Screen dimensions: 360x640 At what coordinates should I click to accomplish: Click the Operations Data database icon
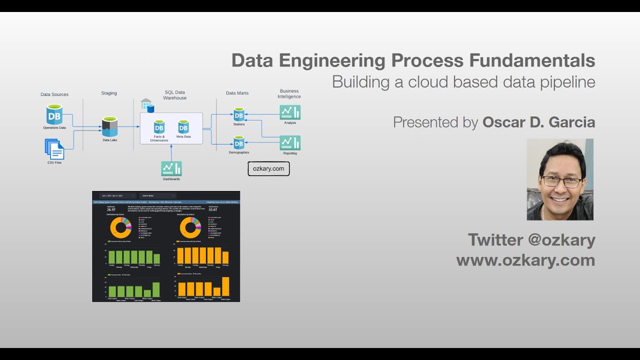[54, 114]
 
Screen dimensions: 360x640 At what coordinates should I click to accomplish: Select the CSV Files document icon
[54, 149]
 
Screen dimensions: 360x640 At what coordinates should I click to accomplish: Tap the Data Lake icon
[109, 126]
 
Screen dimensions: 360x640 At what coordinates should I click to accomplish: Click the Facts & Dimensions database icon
[159, 126]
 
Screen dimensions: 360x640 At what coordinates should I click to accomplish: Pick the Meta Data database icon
[183, 126]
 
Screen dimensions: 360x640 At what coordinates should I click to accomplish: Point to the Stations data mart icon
[239, 114]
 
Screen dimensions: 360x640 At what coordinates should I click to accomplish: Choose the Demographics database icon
[239, 142]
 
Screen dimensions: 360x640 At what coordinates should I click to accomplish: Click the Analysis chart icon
[290, 112]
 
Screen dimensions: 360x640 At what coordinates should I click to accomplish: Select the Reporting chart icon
[290, 143]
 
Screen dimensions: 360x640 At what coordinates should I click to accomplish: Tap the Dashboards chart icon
[171, 168]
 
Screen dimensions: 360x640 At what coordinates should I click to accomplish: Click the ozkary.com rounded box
[268, 169]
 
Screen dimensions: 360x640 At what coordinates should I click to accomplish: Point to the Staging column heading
[109, 93]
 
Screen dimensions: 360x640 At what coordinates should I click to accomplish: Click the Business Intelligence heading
[289, 93]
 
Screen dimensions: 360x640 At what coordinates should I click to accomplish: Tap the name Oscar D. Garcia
[538, 122]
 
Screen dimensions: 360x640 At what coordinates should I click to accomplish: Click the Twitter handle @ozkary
[561, 240]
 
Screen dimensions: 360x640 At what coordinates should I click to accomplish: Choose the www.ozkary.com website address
[525, 260]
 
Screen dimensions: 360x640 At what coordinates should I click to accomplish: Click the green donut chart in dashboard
[120, 227]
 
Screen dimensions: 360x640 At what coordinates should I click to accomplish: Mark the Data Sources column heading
[54, 94]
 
